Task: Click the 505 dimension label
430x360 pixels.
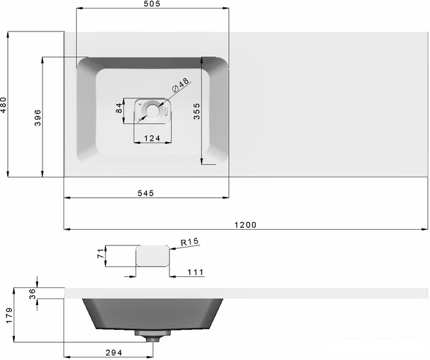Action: (x=152, y=4)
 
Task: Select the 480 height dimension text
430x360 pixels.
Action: (x=3, y=105)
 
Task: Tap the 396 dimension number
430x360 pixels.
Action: (x=37, y=118)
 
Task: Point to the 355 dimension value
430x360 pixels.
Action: (x=196, y=111)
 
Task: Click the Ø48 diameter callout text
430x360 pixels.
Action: (x=180, y=84)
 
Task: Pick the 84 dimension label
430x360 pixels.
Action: (x=118, y=108)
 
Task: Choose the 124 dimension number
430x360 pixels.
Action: (x=152, y=138)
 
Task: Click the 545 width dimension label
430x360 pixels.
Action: (x=145, y=193)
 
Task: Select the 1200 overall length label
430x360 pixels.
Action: (x=245, y=225)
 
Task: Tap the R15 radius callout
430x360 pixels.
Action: (x=189, y=242)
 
